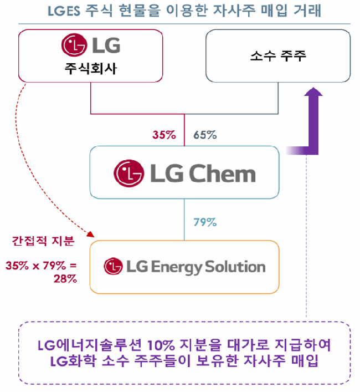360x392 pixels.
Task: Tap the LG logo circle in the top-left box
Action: [72, 45]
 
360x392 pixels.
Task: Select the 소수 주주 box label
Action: [277, 56]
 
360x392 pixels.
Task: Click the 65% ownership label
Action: [205, 134]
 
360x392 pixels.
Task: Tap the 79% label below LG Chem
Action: [205, 222]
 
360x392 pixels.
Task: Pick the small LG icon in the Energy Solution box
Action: [112, 267]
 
